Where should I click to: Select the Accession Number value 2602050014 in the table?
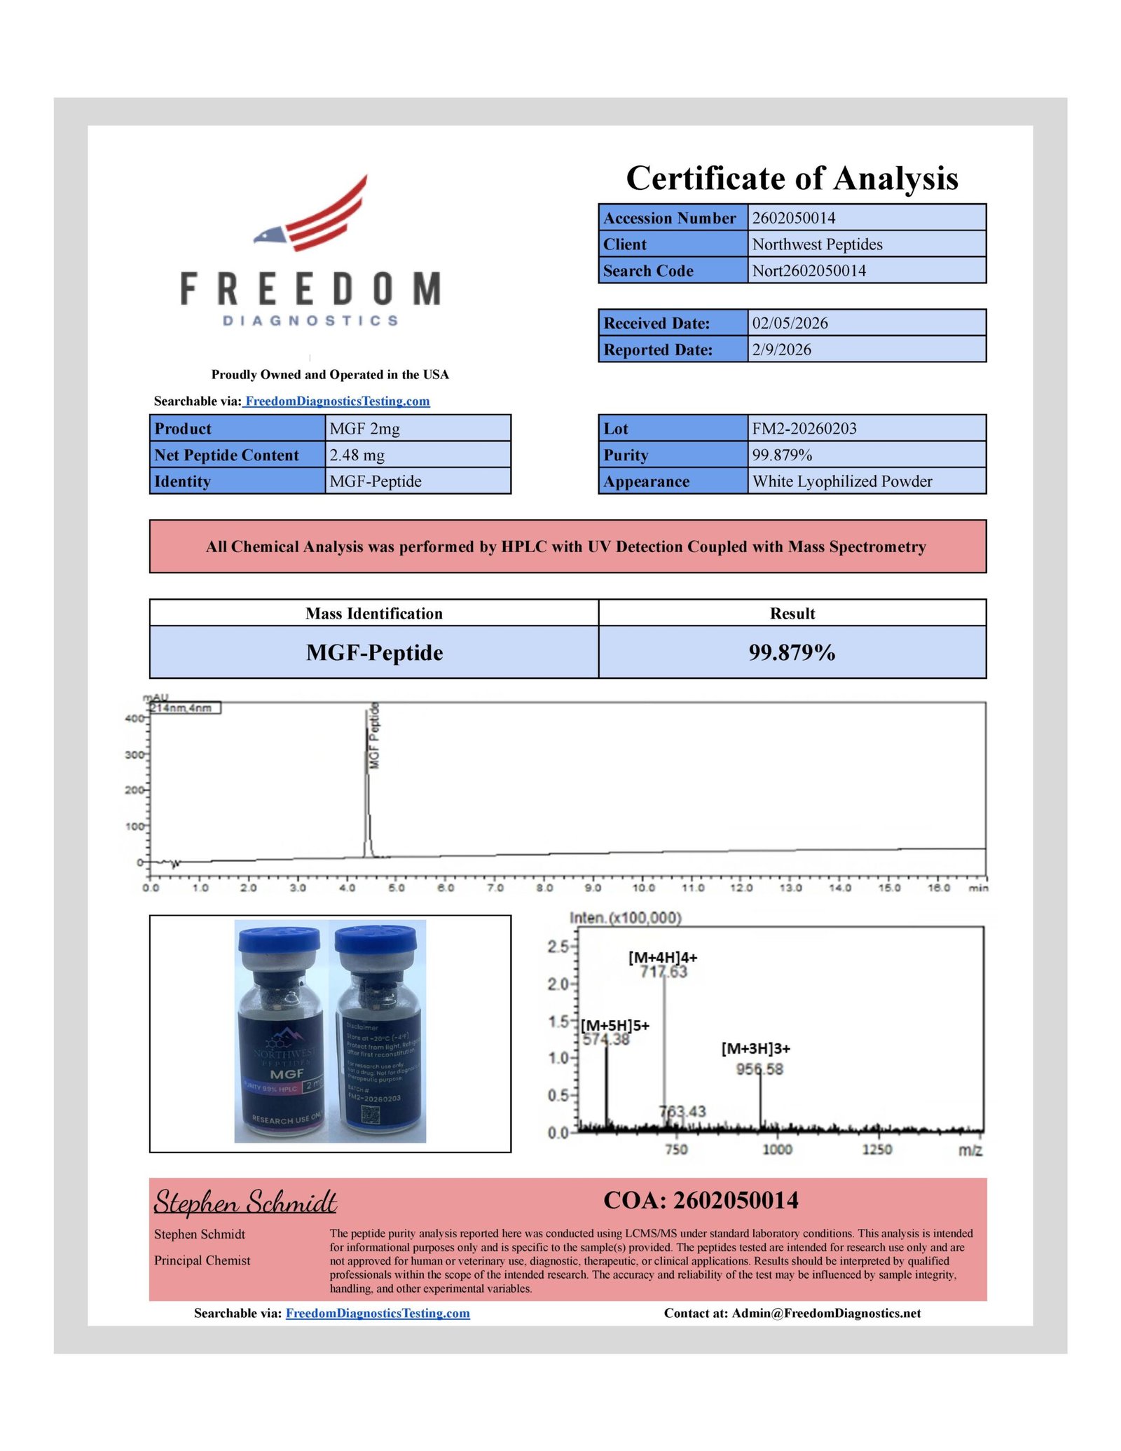[x=793, y=218]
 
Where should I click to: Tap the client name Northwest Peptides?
[x=817, y=245]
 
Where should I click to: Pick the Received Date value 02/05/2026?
[x=790, y=323]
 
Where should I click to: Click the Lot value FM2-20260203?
[x=804, y=429]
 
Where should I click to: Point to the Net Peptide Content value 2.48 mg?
[x=357, y=455]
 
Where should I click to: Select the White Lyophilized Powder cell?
[x=841, y=481]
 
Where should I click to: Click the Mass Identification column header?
[x=373, y=613]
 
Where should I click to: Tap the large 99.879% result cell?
[x=792, y=652]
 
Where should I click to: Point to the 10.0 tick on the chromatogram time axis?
[x=643, y=888]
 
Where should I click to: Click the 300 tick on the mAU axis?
[x=134, y=755]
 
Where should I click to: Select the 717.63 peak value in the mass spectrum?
[x=663, y=972]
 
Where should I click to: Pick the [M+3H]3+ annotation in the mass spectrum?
[x=755, y=1048]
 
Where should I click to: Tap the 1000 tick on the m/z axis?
[x=777, y=1149]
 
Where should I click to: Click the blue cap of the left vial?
[x=279, y=940]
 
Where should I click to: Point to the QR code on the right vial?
[x=371, y=1116]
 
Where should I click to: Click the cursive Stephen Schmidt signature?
[x=245, y=1202]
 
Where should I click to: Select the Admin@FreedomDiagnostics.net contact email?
[x=826, y=1314]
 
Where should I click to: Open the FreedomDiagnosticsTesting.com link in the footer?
[x=378, y=1314]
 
